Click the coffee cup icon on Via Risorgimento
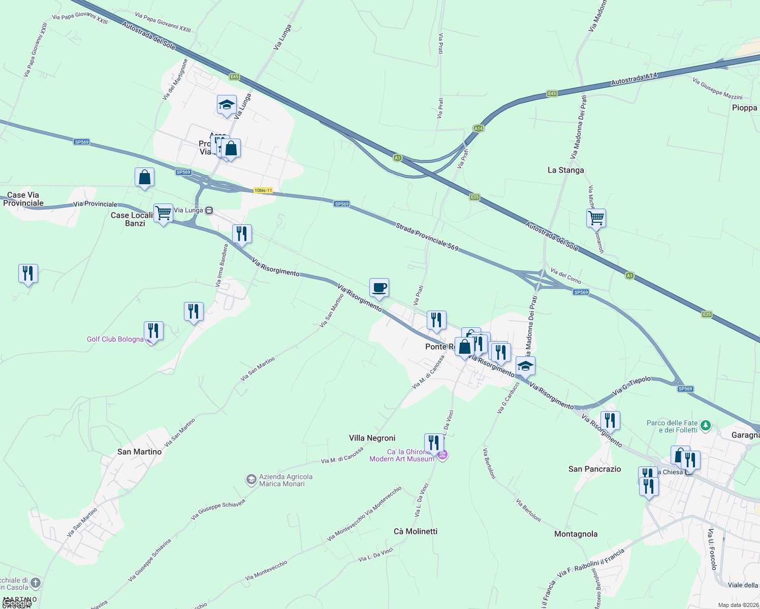[x=379, y=288]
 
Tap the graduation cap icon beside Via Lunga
[x=227, y=105]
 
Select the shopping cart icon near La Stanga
[x=596, y=218]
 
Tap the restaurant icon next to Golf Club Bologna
[x=153, y=331]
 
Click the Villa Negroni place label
[x=372, y=438]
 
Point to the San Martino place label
[x=139, y=452]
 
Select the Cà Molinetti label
[x=415, y=531]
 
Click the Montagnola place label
[x=576, y=534]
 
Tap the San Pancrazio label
[x=594, y=469]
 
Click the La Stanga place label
[x=565, y=170]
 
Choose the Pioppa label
[x=744, y=108]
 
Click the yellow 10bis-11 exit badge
[x=263, y=190]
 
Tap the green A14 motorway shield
[x=478, y=128]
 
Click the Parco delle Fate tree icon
[x=705, y=426]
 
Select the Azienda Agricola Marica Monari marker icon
[x=251, y=480]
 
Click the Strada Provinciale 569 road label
[x=427, y=237]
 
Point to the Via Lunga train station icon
[x=209, y=210]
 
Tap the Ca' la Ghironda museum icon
[x=442, y=455]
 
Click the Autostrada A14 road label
[x=634, y=79]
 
